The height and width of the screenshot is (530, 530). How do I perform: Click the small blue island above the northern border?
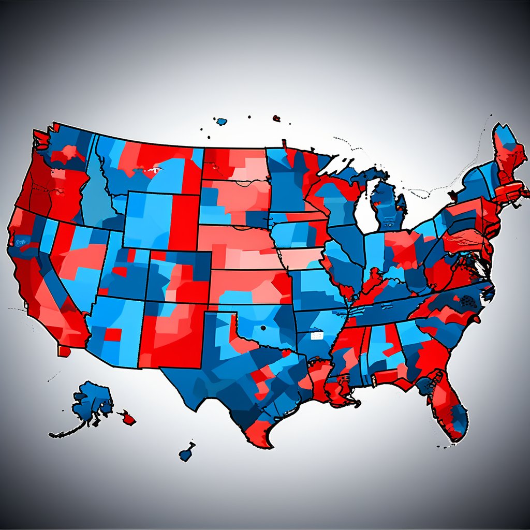click(x=222, y=122)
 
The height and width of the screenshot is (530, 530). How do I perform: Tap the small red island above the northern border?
click(x=276, y=119)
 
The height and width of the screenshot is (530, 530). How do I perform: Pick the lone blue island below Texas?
click(x=187, y=452)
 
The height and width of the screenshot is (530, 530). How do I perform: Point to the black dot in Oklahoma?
click(x=263, y=328)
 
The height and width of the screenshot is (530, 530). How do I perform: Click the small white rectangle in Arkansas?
click(x=315, y=336)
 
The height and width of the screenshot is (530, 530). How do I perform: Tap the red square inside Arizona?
click(x=113, y=334)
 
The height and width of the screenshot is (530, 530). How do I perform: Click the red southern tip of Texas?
click(x=259, y=435)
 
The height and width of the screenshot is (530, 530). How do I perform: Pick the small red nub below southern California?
click(x=64, y=351)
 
